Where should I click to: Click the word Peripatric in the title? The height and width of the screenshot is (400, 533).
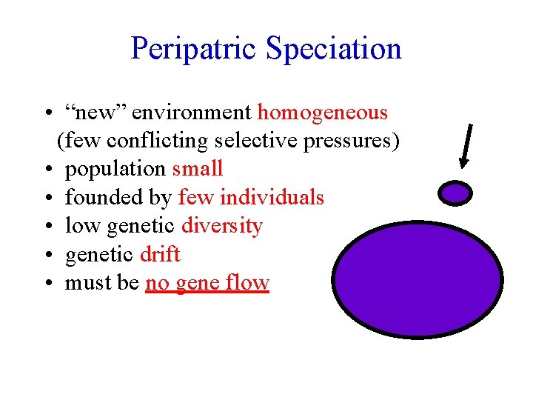pos(195,49)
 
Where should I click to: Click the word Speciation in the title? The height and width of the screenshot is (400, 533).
pos(334,49)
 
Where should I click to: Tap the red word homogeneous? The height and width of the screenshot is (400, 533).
pos(323,113)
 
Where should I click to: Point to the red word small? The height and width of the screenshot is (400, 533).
pos(198,168)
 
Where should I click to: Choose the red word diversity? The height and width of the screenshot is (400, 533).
pos(222,225)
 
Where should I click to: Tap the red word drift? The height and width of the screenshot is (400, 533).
pos(160,254)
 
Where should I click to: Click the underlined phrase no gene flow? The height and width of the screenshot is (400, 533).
pos(207,283)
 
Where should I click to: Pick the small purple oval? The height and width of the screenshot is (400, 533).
pos(455,193)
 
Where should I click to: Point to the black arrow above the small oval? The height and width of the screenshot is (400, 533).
pos(467,141)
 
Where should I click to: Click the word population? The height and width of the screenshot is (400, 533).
pos(115,169)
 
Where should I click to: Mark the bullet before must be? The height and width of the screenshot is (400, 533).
pos(47,283)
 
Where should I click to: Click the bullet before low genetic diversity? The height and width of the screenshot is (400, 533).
pos(47,226)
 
